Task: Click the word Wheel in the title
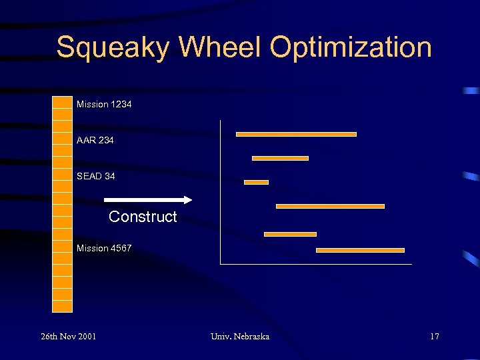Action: pyautogui.click(x=221, y=48)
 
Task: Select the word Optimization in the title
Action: pyautogui.click(x=351, y=48)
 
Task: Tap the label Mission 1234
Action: pyautogui.click(x=104, y=104)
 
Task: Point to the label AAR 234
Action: pyautogui.click(x=95, y=140)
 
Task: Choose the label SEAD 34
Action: pyautogui.click(x=95, y=176)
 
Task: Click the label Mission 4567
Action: pyautogui.click(x=104, y=248)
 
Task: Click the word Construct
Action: pyautogui.click(x=143, y=217)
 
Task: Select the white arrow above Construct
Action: pyautogui.click(x=147, y=199)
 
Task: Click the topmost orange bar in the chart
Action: pyautogui.click(x=296, y=134)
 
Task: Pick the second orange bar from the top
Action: pyautogui.click(x=280, y=158)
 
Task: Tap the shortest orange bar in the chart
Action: pyautogui.click(x=256, y=182)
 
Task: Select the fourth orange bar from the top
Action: pyautogui.click(x=330, y=206)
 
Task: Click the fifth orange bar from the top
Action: pyautogui.click(x=290, y=234)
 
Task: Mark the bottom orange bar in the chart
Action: pyautogui.click(x=360, y=250)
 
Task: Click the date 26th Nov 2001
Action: pyautogui.click(x=68, y=336)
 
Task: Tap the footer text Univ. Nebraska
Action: pyautogui.click(x=239, y=336)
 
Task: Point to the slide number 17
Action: pyautogui.click(x=434, y=336)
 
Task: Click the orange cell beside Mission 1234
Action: pyautogui.click(x=62, y=103)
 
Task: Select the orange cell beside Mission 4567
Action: pyautogui.click(x=62, y=247)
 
